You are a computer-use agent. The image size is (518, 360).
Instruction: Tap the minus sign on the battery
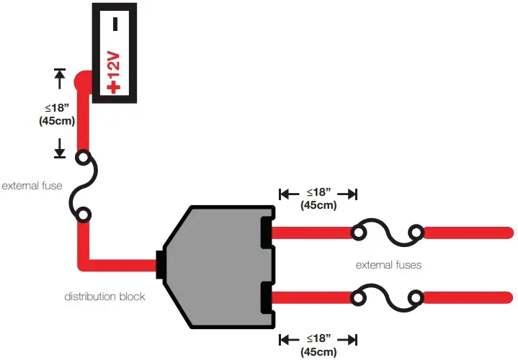pos(115,24)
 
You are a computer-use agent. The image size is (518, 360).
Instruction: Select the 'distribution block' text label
pos(104,297)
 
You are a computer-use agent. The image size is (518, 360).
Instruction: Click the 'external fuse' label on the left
pos(32,186)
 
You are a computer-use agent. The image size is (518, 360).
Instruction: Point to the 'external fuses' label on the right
pos(388,265)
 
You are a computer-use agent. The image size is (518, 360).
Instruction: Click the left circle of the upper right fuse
pos(358,232)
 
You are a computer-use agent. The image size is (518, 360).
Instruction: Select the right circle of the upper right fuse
pos(416,232)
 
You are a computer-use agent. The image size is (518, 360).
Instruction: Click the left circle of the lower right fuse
pos(358,297)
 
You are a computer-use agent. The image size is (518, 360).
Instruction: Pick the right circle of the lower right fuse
pos(416,297)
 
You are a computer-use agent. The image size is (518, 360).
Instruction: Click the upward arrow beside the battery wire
pos(60,76)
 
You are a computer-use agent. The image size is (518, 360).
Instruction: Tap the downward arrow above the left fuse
pos(60,148)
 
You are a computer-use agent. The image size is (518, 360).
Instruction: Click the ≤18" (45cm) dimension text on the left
pos(57,114)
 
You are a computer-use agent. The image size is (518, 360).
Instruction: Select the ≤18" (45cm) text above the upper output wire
pos(318,199)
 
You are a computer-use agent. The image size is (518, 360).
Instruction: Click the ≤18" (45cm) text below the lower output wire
pos(318,343)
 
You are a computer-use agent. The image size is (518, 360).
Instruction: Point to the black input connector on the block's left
pos(160,264)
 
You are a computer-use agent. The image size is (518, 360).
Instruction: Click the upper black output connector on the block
pos(267,232)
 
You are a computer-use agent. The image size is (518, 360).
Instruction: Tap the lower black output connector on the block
pos(267,297)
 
